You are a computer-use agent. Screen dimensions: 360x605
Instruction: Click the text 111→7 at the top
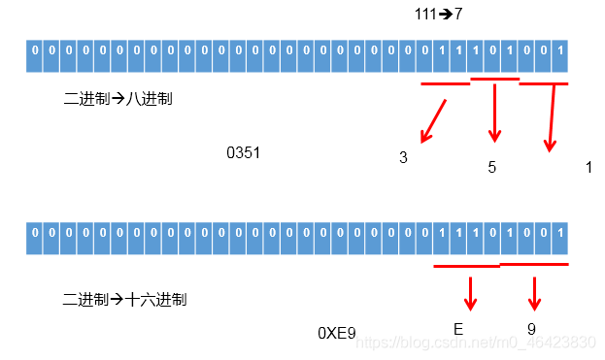438,16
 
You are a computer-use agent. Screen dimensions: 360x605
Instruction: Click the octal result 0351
243,152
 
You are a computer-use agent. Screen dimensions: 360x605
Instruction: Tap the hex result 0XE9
337,333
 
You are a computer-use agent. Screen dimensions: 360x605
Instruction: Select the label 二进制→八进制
118,98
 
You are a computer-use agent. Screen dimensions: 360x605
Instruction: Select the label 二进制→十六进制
124,299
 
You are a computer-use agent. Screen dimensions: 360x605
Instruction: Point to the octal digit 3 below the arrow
403,157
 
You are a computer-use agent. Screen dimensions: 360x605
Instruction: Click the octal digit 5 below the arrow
492,167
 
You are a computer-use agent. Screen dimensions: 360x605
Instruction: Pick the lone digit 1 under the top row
588,167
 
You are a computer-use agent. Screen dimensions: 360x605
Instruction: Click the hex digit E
458,329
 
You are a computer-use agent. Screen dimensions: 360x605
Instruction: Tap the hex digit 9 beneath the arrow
532,329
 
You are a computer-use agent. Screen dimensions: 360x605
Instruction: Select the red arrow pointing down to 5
495,111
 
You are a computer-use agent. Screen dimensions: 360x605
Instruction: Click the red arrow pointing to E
470,292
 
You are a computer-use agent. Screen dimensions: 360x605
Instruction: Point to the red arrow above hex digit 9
533,292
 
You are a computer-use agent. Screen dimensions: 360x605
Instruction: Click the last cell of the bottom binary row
558,234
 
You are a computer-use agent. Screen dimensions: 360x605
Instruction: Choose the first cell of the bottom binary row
36,234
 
